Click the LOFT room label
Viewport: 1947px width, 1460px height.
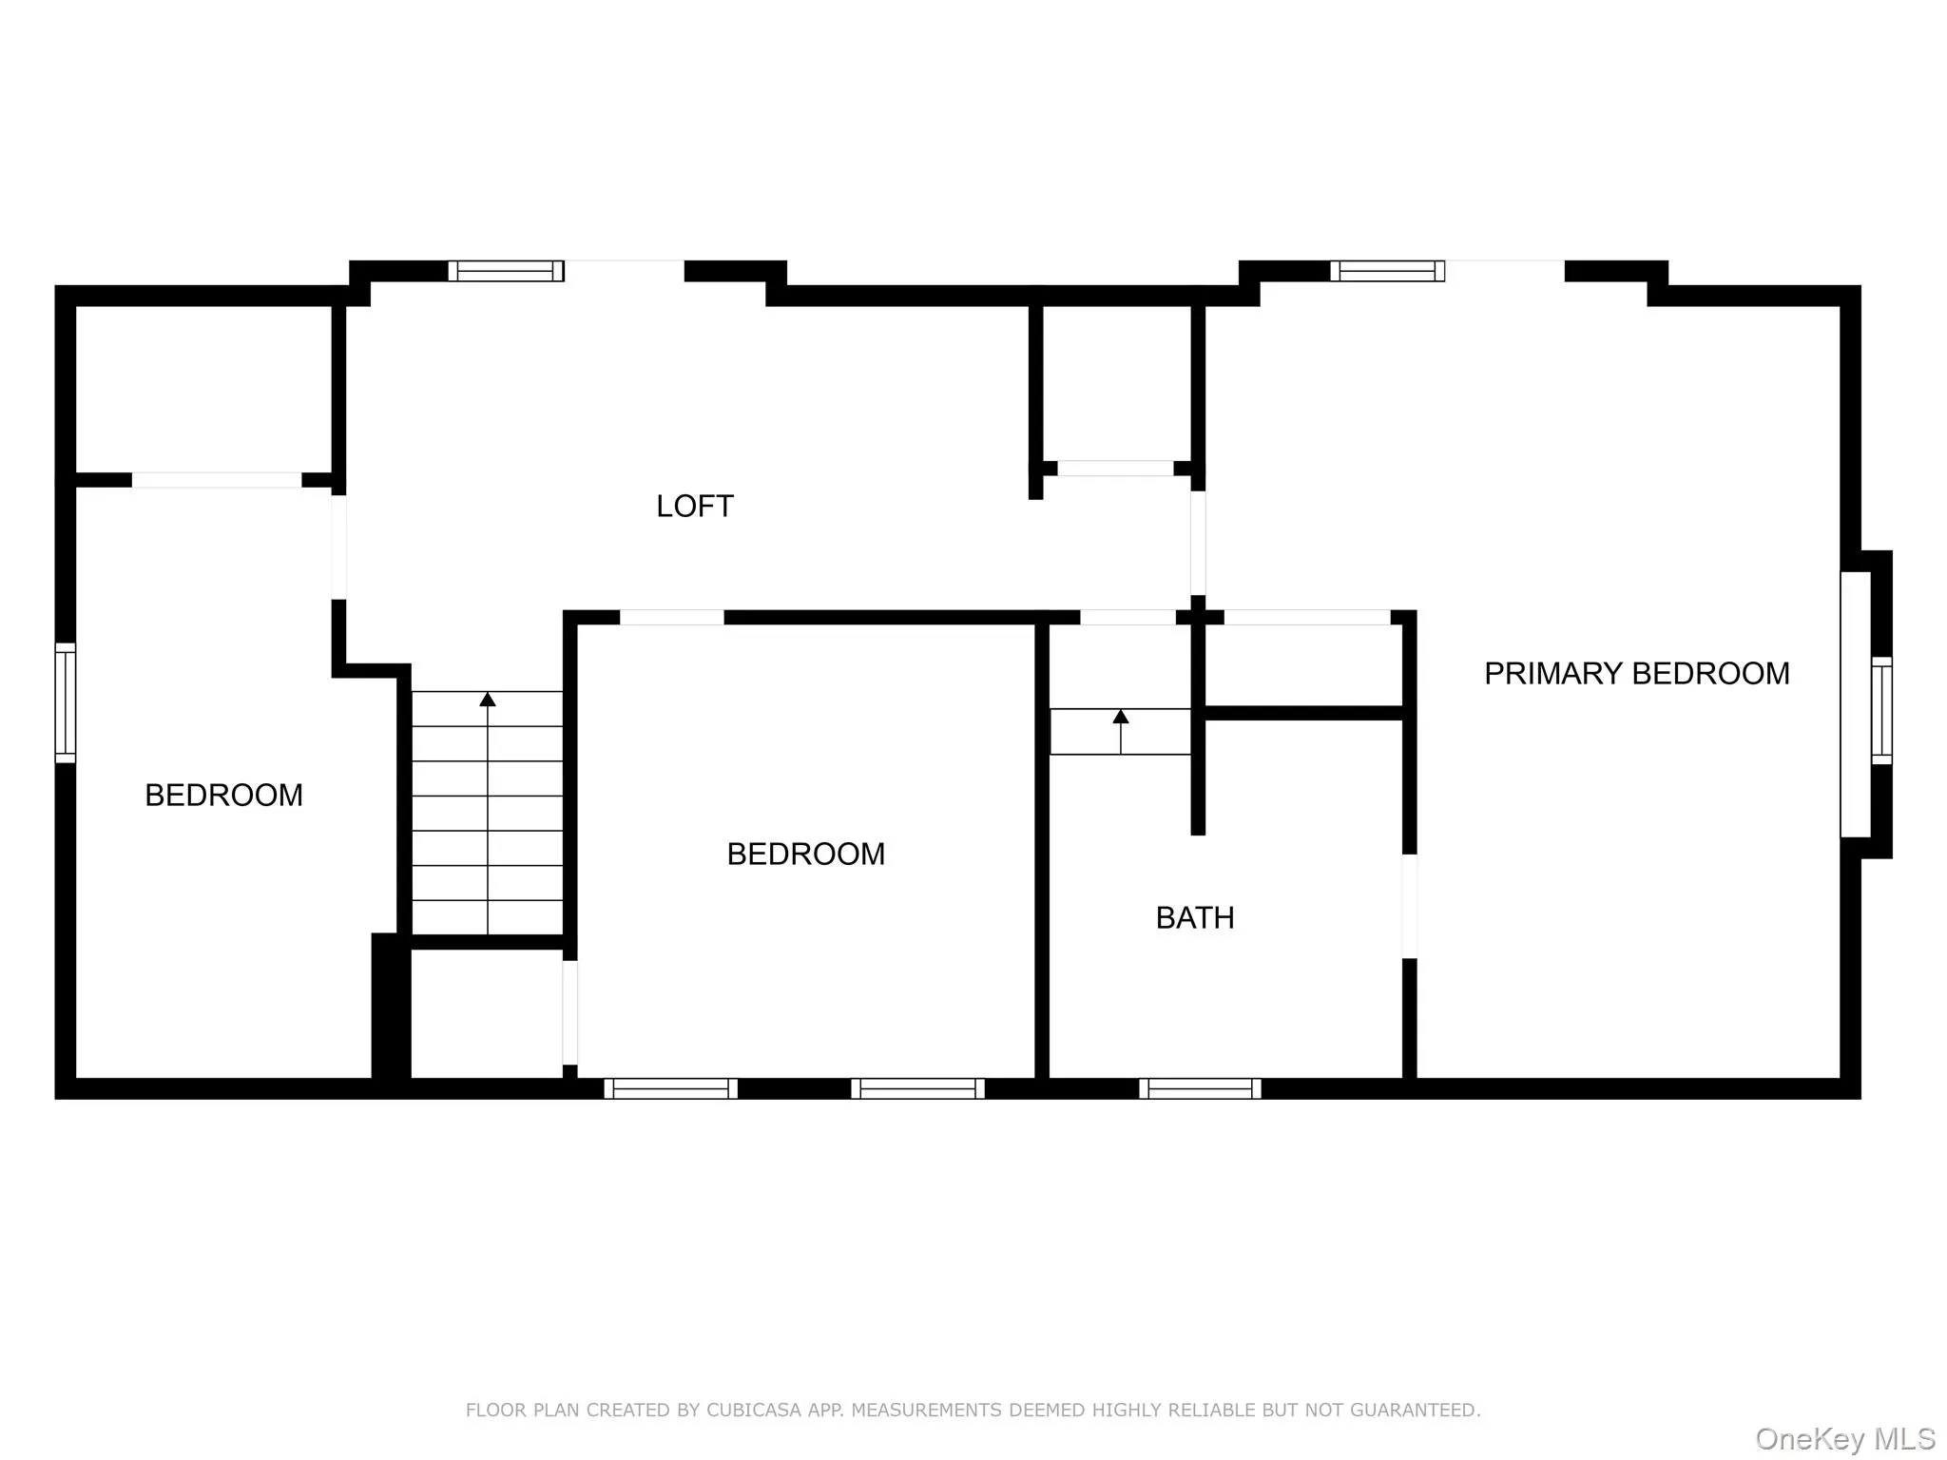(x=695, y=506)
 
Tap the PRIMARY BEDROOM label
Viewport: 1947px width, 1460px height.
(x=1636, y=674)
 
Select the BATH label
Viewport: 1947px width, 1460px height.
(x=1195, y=918)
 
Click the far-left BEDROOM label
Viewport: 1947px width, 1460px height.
(x=223, y=796)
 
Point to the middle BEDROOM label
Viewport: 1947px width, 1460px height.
(x=805, y=855)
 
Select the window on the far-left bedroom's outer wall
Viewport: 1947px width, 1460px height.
(x=65, y=702)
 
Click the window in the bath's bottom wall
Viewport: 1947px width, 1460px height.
(x=1200, y=1088)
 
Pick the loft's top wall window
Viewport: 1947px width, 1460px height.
(x=506, y=271)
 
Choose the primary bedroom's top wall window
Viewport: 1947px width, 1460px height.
(x=1387, y=271)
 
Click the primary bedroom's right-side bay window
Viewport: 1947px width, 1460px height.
(x=1880, y=710)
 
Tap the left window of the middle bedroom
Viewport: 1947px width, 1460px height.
(x=670, y=1088)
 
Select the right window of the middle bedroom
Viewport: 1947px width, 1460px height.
(x=917, y=1088)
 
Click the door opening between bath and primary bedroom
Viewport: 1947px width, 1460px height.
(x=1410, y=906)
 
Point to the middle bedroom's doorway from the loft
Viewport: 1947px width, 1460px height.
(x=671, y=618)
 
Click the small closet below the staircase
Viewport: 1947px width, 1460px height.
(x=486, y=1013)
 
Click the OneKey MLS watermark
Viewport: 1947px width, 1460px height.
(x=1844, y=1438)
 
